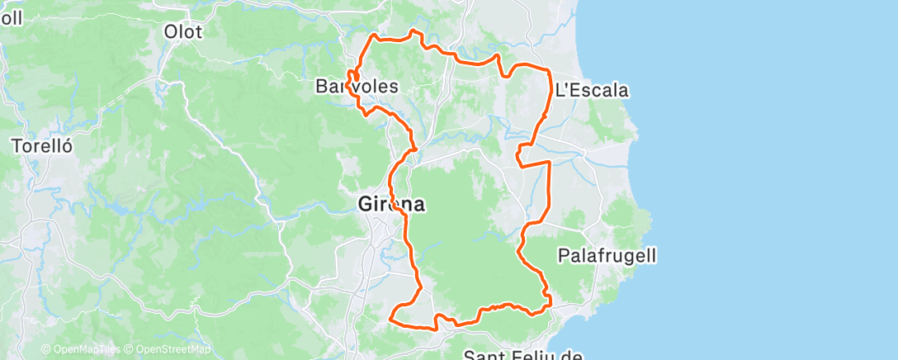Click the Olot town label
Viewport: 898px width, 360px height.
182,31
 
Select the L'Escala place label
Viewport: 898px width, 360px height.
591,90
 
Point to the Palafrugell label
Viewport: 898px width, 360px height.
607,256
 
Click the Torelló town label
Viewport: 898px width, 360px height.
42,145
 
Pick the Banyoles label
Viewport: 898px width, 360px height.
357,86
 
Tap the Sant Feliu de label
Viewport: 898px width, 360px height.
523,355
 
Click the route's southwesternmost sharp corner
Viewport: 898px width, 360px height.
390,316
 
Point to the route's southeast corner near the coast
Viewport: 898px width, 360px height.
547,306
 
